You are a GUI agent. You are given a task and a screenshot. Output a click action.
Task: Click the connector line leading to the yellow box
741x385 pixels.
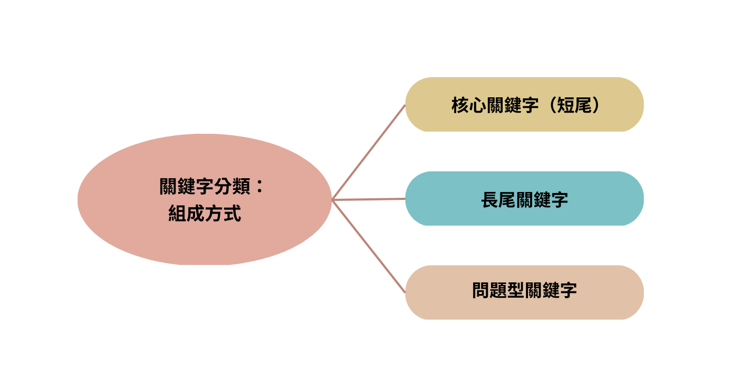pyautogui.click(x=369, y=152)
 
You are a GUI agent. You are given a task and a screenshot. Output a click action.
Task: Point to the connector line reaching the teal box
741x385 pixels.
pyautogui.click(x=369, y=199)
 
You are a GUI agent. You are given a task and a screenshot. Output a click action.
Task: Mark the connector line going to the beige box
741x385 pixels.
pyautogui.click(x=369, y=246)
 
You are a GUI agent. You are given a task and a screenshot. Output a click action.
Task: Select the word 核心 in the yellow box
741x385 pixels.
pyautogui.click(x=470, y=105)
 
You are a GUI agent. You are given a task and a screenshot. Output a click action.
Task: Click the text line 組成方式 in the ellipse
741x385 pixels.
pyautogui.click(x=205, y=213)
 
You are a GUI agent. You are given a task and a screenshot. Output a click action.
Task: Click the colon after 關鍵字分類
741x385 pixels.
pyautogui.click(x=259, y=187)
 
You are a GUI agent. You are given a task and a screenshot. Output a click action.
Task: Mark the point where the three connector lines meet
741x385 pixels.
pyautogui.click(x=332, y=200)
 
